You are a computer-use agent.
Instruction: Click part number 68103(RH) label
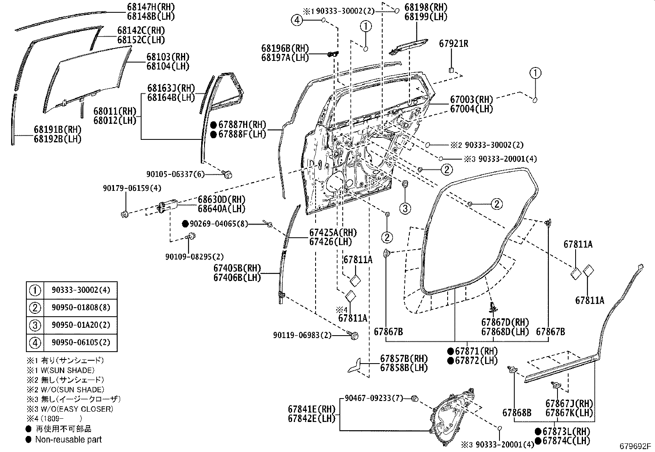[x=167, y=57]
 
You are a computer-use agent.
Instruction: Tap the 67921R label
[x=453, y=44]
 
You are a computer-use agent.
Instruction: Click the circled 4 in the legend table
[x=35, y=343]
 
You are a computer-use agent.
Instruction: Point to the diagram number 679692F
[x=636, y=446]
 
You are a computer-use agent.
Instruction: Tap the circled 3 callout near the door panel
[x=405, y=209]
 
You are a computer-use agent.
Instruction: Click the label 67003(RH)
[x=471, y=100]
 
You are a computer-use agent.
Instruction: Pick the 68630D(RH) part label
[x=221, y=199]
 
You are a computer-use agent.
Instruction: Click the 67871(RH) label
[x=477, y=351]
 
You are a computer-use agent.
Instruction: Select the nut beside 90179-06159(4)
[x=125, y=213]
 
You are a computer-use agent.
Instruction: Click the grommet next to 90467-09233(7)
[x=415, y=398]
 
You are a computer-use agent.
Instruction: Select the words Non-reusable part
[x=68, y=439]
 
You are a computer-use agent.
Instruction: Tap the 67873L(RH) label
[x=566, y=431]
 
